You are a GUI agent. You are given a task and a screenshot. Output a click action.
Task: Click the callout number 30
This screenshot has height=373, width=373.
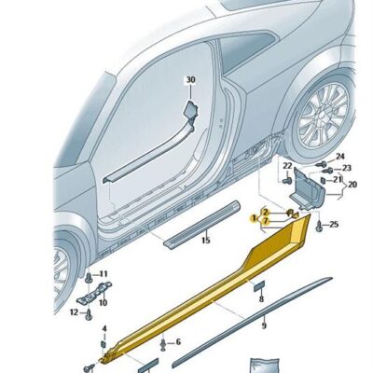[x=190, y=81]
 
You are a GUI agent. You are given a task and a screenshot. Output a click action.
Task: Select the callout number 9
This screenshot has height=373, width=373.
[x=264, y=325]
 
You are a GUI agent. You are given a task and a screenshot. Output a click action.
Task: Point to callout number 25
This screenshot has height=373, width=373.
[x=334, y=226]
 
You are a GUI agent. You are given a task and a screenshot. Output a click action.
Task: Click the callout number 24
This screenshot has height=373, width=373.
[x=340, y=156]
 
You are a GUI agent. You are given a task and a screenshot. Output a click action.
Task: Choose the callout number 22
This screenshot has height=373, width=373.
[x=286, y=166]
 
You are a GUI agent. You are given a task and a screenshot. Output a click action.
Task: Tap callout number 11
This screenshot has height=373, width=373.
[x=103, y=274]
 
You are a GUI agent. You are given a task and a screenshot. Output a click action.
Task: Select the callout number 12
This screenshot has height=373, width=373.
[x=76, y=312]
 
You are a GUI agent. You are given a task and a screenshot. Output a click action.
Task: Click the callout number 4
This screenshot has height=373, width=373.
[x=104, y=328]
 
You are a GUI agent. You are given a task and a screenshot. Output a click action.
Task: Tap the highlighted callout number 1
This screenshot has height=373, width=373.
[x=253, y=217]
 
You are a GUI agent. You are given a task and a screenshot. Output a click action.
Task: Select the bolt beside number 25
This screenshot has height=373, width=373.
[x=319, y=224]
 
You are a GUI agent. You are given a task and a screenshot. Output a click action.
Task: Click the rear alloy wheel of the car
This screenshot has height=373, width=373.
[x=321, y=117]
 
